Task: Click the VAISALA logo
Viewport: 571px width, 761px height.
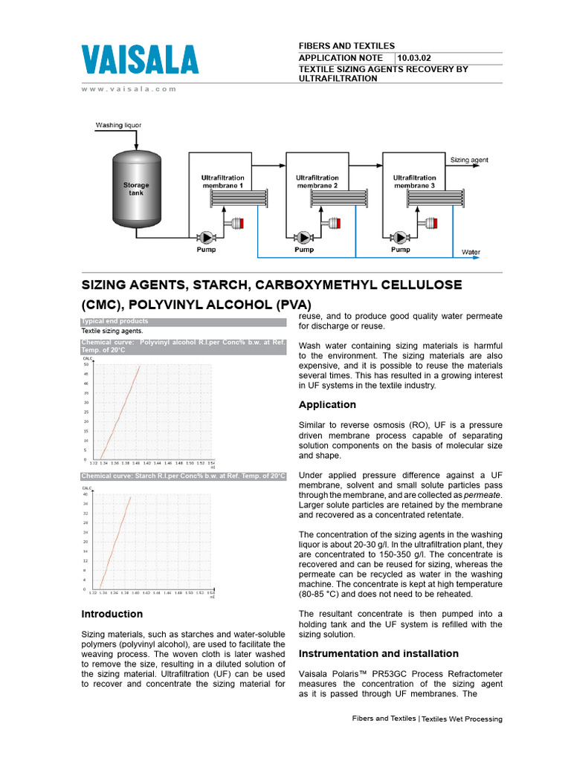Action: click(x=139, y=60)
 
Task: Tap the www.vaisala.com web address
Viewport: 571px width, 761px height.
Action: click(x=129, y=88)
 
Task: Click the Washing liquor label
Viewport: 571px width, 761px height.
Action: click(x=118, y=126)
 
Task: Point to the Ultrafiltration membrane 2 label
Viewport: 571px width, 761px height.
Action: click(x=317, y=181)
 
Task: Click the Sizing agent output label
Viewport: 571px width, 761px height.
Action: click(x=469, y=160)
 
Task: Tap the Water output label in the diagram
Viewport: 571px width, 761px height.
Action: click(x=471, y=253)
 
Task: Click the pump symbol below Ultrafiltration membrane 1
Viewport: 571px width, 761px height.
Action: click(x=207, y=237)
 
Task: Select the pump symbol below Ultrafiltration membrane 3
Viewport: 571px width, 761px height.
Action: click(x=401, y=237)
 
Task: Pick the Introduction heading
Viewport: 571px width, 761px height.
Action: click(x=112, y=614)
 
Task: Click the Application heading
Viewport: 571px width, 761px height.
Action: click(x=327, y=405)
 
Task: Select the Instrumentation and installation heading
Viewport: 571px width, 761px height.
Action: click(x=378, y=653)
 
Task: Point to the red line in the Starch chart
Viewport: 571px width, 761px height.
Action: click(x=116, y=543)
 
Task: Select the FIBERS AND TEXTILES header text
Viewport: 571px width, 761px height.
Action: click(x=346, y=46)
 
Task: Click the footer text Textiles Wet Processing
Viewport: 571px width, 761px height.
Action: click(x=462, y=719)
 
